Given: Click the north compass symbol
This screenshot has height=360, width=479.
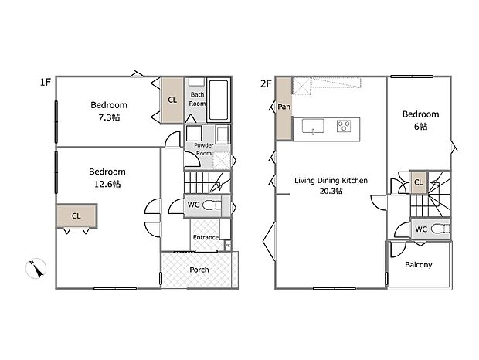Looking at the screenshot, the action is [x=36, y=268].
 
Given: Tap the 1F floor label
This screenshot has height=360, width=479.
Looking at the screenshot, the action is [x=46, y=82].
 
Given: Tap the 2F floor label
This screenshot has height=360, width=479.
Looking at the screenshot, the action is [x=266, y=83].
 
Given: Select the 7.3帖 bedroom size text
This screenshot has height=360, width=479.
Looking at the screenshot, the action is [x=109, y=117].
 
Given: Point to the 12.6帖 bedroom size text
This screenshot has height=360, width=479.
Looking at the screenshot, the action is [x=107, y=184].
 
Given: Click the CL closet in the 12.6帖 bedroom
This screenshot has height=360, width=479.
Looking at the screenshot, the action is [x=76, y=216].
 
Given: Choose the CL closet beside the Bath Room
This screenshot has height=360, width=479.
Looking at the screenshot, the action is [x=172, y=100].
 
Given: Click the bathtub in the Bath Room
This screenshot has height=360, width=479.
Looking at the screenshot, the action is [x=219, y=100].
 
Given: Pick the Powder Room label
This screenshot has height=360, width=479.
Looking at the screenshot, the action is [x=204, y=149].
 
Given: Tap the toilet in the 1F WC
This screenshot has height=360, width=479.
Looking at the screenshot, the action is [x=212, y=205].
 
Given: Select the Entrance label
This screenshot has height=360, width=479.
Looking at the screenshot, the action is [x=206, y=237].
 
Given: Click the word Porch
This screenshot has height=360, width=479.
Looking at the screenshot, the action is [x=199, y=270].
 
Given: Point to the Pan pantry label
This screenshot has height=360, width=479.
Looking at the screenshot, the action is [x=284, y=107].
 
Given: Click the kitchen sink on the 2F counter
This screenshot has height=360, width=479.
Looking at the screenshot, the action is [x=313, y=126].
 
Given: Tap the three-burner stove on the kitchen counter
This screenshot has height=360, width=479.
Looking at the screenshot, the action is [x=344, y=126].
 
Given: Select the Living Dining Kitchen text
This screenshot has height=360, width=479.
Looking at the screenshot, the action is [x=331, y=181].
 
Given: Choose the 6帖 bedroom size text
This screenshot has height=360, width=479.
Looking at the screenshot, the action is [x=420, y=126].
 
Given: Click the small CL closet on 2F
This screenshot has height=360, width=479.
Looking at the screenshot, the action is [x=419, y=182].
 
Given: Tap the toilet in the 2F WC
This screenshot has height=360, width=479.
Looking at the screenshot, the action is [x=441, y=229].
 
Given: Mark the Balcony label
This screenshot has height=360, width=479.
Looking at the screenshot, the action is [x=419, y=265].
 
